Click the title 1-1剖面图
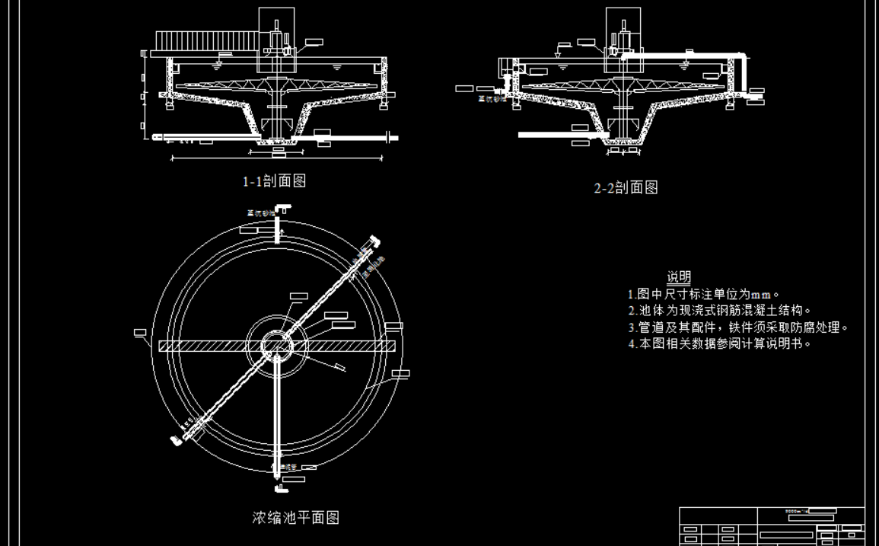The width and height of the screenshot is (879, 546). coord(274,181)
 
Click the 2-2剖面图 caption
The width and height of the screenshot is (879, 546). coord(626,187)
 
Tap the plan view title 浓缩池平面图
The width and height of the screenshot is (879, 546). coord(295,518)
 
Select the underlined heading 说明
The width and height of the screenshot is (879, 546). coord(679,276)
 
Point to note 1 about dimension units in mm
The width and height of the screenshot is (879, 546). coord(705,294)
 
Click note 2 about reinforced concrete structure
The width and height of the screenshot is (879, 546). coord(719,311)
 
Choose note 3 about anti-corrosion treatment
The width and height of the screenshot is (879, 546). coord(737,327)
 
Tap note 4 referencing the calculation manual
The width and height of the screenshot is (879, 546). coord(719,343)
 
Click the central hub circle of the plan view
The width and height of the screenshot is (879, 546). coord(277,346)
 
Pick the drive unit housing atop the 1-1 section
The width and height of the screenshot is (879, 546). coord(276,30)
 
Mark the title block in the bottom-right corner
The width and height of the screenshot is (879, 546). coord(772,525)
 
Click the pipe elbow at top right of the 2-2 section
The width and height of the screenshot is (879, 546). coord(741,56)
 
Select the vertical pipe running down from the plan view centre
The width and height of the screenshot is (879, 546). coord(277,419)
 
